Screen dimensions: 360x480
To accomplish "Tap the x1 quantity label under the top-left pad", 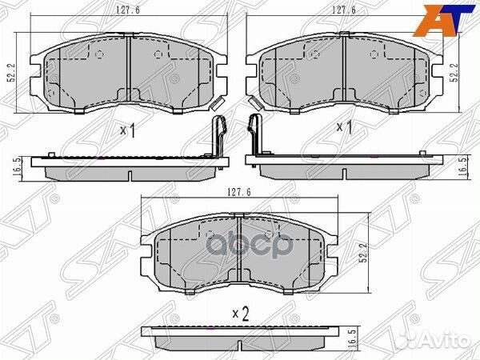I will coord(127,130).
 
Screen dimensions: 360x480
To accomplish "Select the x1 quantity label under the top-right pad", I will coord(344,127).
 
